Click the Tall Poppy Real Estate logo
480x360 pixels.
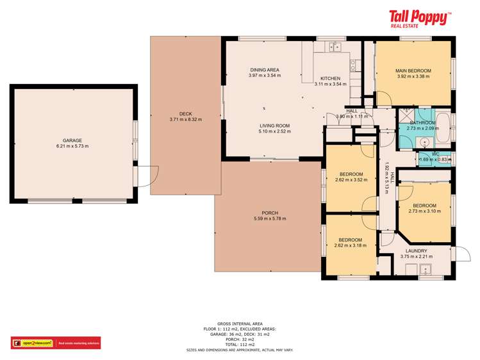420,18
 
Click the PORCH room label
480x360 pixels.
270,213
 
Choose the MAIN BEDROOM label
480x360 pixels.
413,70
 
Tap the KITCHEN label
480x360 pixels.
330,78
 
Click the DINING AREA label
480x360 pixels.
264,70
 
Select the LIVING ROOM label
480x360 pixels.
275,126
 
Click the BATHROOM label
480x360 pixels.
422,122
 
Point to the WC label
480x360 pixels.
435,154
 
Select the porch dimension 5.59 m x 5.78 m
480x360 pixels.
270,218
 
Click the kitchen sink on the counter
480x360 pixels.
334,47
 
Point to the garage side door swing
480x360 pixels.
151,174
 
